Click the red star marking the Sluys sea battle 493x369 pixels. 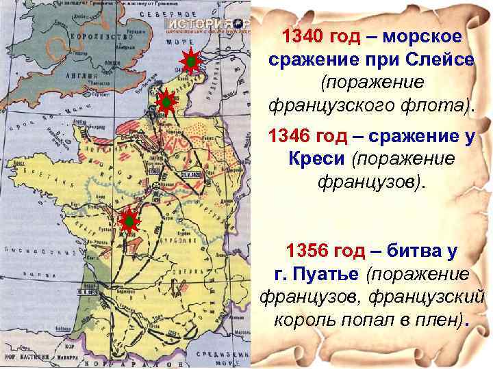pyautogui.click(x=190, y=62)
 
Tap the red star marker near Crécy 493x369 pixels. pyautogui.click(x=165, y=103)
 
